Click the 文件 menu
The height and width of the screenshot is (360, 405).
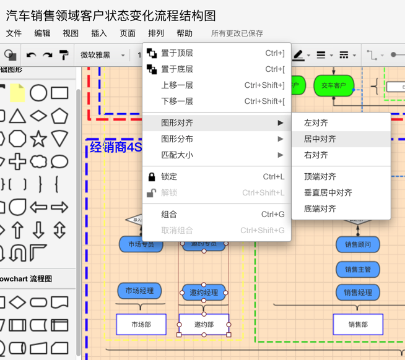point(14,33)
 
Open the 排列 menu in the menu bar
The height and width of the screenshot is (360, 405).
point(156,33)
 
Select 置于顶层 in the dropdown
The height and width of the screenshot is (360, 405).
point(177,53)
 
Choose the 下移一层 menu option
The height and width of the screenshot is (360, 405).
point(177,101)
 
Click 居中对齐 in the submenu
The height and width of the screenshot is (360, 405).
point(320,139)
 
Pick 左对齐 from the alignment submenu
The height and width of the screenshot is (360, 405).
point(316,123)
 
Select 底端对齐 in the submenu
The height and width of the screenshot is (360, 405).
point(320,208)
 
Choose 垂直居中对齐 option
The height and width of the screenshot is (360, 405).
point(328,192)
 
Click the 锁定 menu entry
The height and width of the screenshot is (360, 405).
point(169,177)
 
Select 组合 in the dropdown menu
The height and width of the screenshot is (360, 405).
point(169,215)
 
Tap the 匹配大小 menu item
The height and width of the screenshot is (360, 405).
point(177,155)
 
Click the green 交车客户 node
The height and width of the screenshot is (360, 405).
point(334,85)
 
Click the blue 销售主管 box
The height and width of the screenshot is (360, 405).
point(358,270)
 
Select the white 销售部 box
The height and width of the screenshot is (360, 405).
point(358,325)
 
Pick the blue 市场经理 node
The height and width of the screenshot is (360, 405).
point(140,291)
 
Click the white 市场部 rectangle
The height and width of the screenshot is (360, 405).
point(141,325)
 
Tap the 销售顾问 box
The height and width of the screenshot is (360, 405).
point(358,245)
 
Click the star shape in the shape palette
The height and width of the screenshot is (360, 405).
point(38,139)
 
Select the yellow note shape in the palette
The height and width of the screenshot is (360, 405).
point(17,93)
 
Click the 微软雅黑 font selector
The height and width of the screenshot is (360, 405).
point(102,55)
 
